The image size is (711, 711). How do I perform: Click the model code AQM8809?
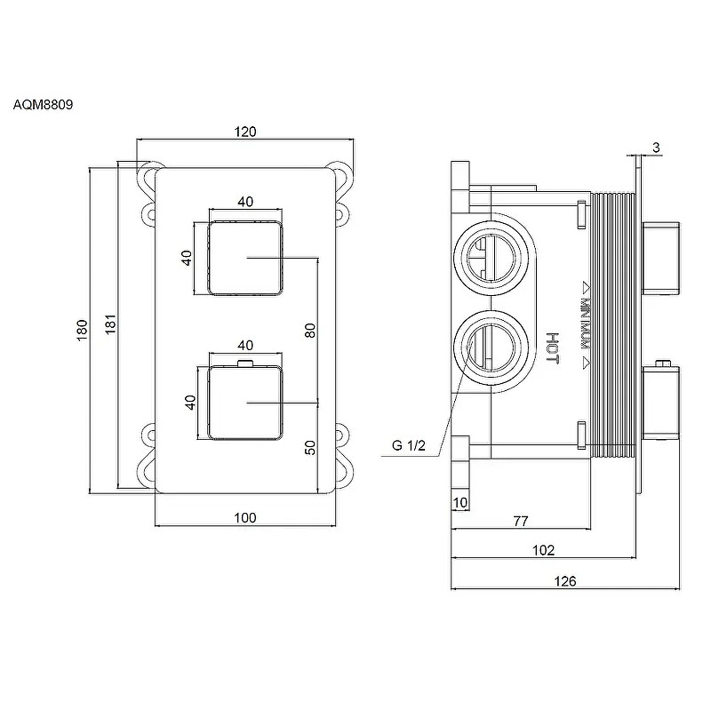coord(43,104)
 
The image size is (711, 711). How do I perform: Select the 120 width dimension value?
coord(246,132)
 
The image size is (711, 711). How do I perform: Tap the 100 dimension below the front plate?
coord(246,517)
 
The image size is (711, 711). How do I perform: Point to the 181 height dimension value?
coord(111,326)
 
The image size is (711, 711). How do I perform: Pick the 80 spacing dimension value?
coord(310,331)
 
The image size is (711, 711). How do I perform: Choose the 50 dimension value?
coord(310,446)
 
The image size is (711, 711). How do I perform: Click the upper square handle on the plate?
coord(246,258)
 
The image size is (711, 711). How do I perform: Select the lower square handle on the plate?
coord(246,403)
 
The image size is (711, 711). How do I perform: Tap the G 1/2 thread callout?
coord(410,446)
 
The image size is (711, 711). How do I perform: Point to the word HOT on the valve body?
coord(552,347)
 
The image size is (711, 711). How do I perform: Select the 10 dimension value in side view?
coord(460,503)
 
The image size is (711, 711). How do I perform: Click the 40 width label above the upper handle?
coord(246,202)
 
